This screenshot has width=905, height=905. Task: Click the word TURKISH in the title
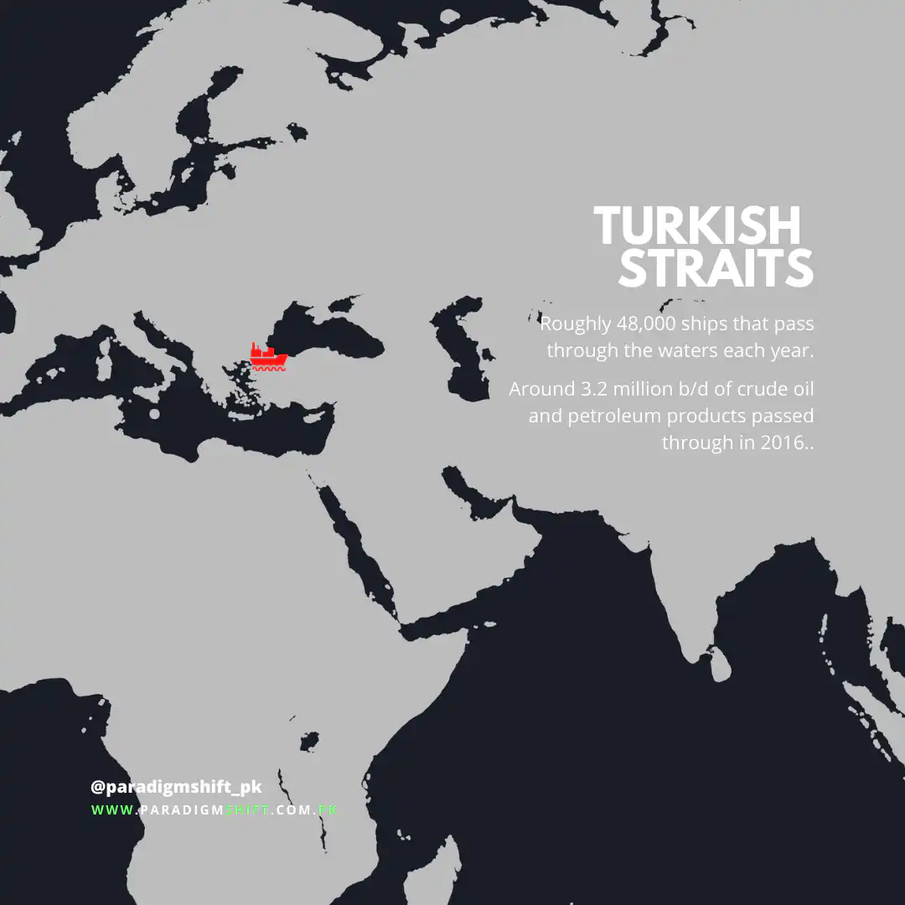click(697, 226)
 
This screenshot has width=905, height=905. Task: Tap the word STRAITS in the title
click(716, 268)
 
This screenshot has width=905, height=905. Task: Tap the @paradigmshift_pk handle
click(176, 788)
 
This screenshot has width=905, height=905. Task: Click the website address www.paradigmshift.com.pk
click(215, 810)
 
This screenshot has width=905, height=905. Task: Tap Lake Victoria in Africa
click(309, 741)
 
